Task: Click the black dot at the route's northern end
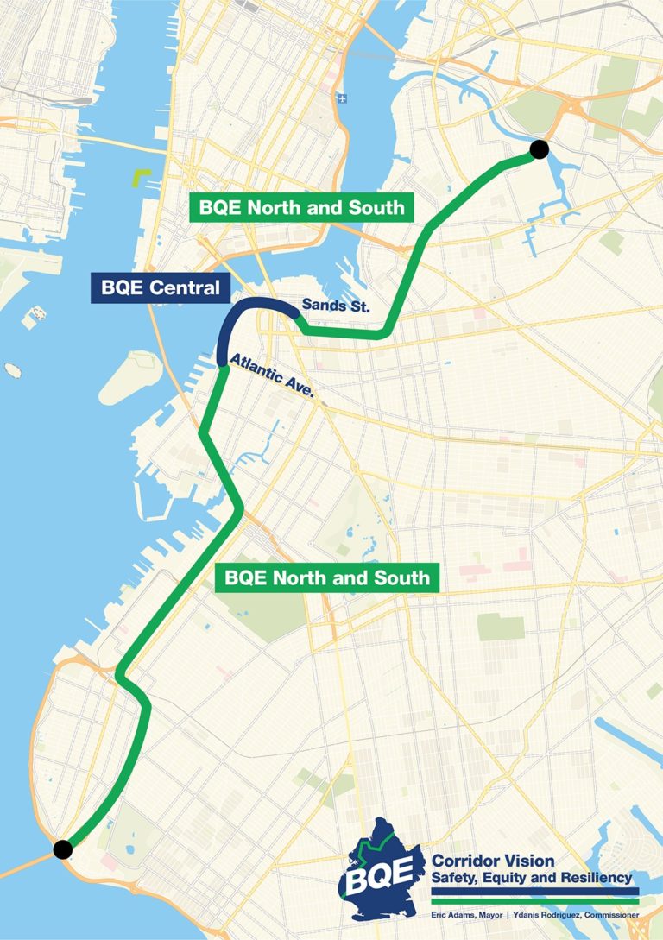[x=539, y=149]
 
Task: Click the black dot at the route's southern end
[x=62, y=849]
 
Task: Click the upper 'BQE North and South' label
[x=301, y=207]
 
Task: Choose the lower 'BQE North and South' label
[x=327, y=577]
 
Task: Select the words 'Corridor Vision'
[x=493, y=861]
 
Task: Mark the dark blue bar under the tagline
[x=534, y=891]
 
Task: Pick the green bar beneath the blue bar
[x=534, y=899]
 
